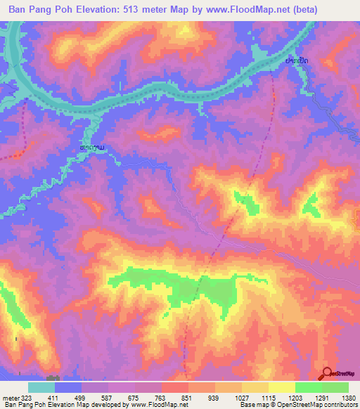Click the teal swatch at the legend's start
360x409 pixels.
41,387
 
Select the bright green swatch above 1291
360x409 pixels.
309,387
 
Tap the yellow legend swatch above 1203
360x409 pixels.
282,387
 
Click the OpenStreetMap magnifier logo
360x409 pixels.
328,374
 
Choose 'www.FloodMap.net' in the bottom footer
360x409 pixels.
152,405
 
